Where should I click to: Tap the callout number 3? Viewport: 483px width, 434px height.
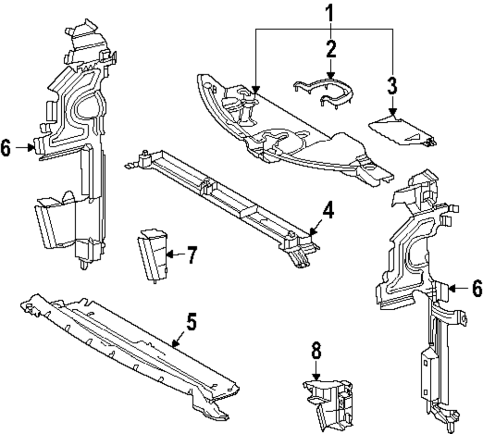click(392, 86)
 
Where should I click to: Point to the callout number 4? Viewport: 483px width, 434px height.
click(328, 211)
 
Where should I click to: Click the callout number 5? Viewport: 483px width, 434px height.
click(192, 322)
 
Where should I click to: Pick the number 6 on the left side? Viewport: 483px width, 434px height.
click(6, 148)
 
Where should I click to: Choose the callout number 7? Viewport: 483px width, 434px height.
click(192, 255)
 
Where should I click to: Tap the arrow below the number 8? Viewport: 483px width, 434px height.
click(316, 372)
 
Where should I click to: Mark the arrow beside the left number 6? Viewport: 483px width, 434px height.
click(25, 148)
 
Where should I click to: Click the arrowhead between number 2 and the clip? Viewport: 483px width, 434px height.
click(330, 72)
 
